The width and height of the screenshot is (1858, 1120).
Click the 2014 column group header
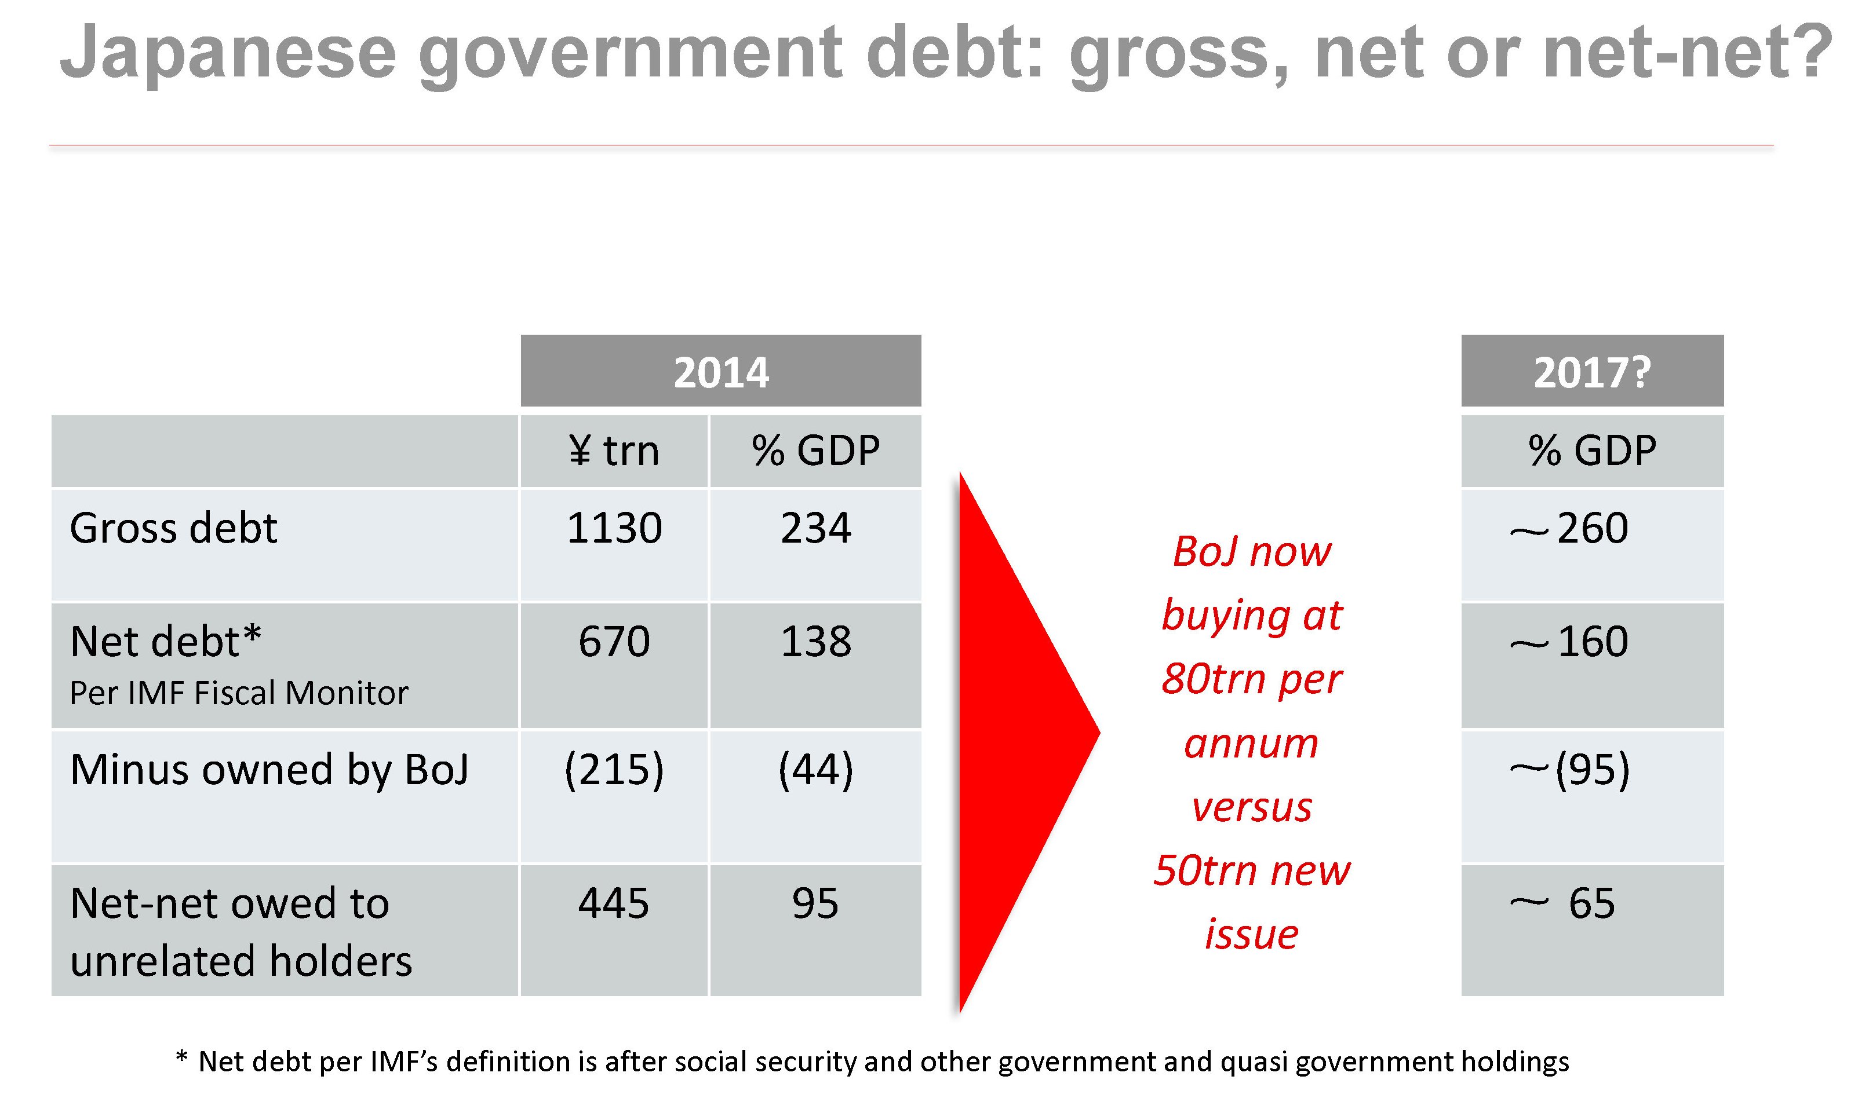tap(720, 372)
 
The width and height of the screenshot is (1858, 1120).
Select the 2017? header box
tap(1592, 372)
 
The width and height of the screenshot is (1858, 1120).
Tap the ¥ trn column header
tap(614, 451)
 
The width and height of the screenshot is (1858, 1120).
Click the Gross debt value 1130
tap(614, 528)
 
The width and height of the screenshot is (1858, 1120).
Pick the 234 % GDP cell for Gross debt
tap(815, 528)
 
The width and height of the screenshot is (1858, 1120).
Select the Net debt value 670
tap(614, 642)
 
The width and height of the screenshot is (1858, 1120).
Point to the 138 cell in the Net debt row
tap(815, 642)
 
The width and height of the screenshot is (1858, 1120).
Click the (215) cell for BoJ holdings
tap(614, 770)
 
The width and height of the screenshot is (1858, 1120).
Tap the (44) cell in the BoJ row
tap(815, 770)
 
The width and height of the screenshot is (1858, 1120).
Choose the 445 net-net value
tap(614, 903)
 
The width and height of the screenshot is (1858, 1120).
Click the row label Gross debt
tap(173, 528)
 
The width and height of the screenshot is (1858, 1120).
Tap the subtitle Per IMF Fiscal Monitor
tap(238, 693)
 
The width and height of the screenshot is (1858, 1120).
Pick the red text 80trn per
tap(1252, 678)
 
